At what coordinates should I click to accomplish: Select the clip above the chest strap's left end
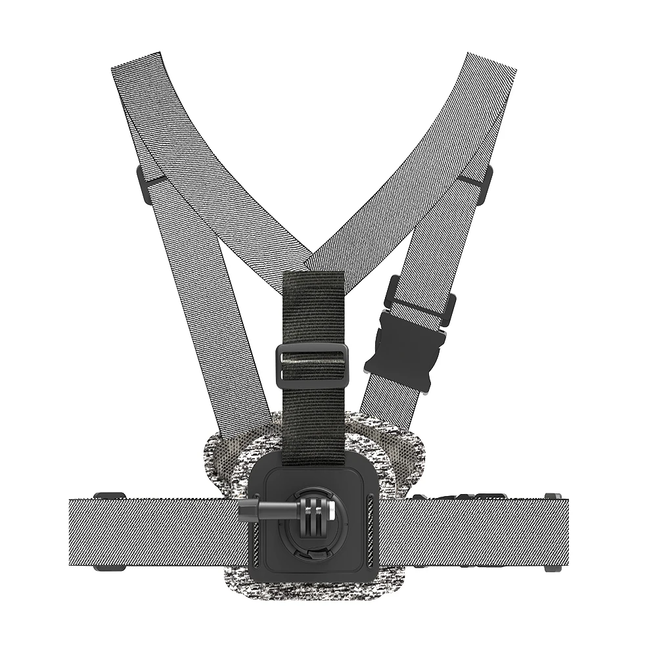(x=109, y=495)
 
